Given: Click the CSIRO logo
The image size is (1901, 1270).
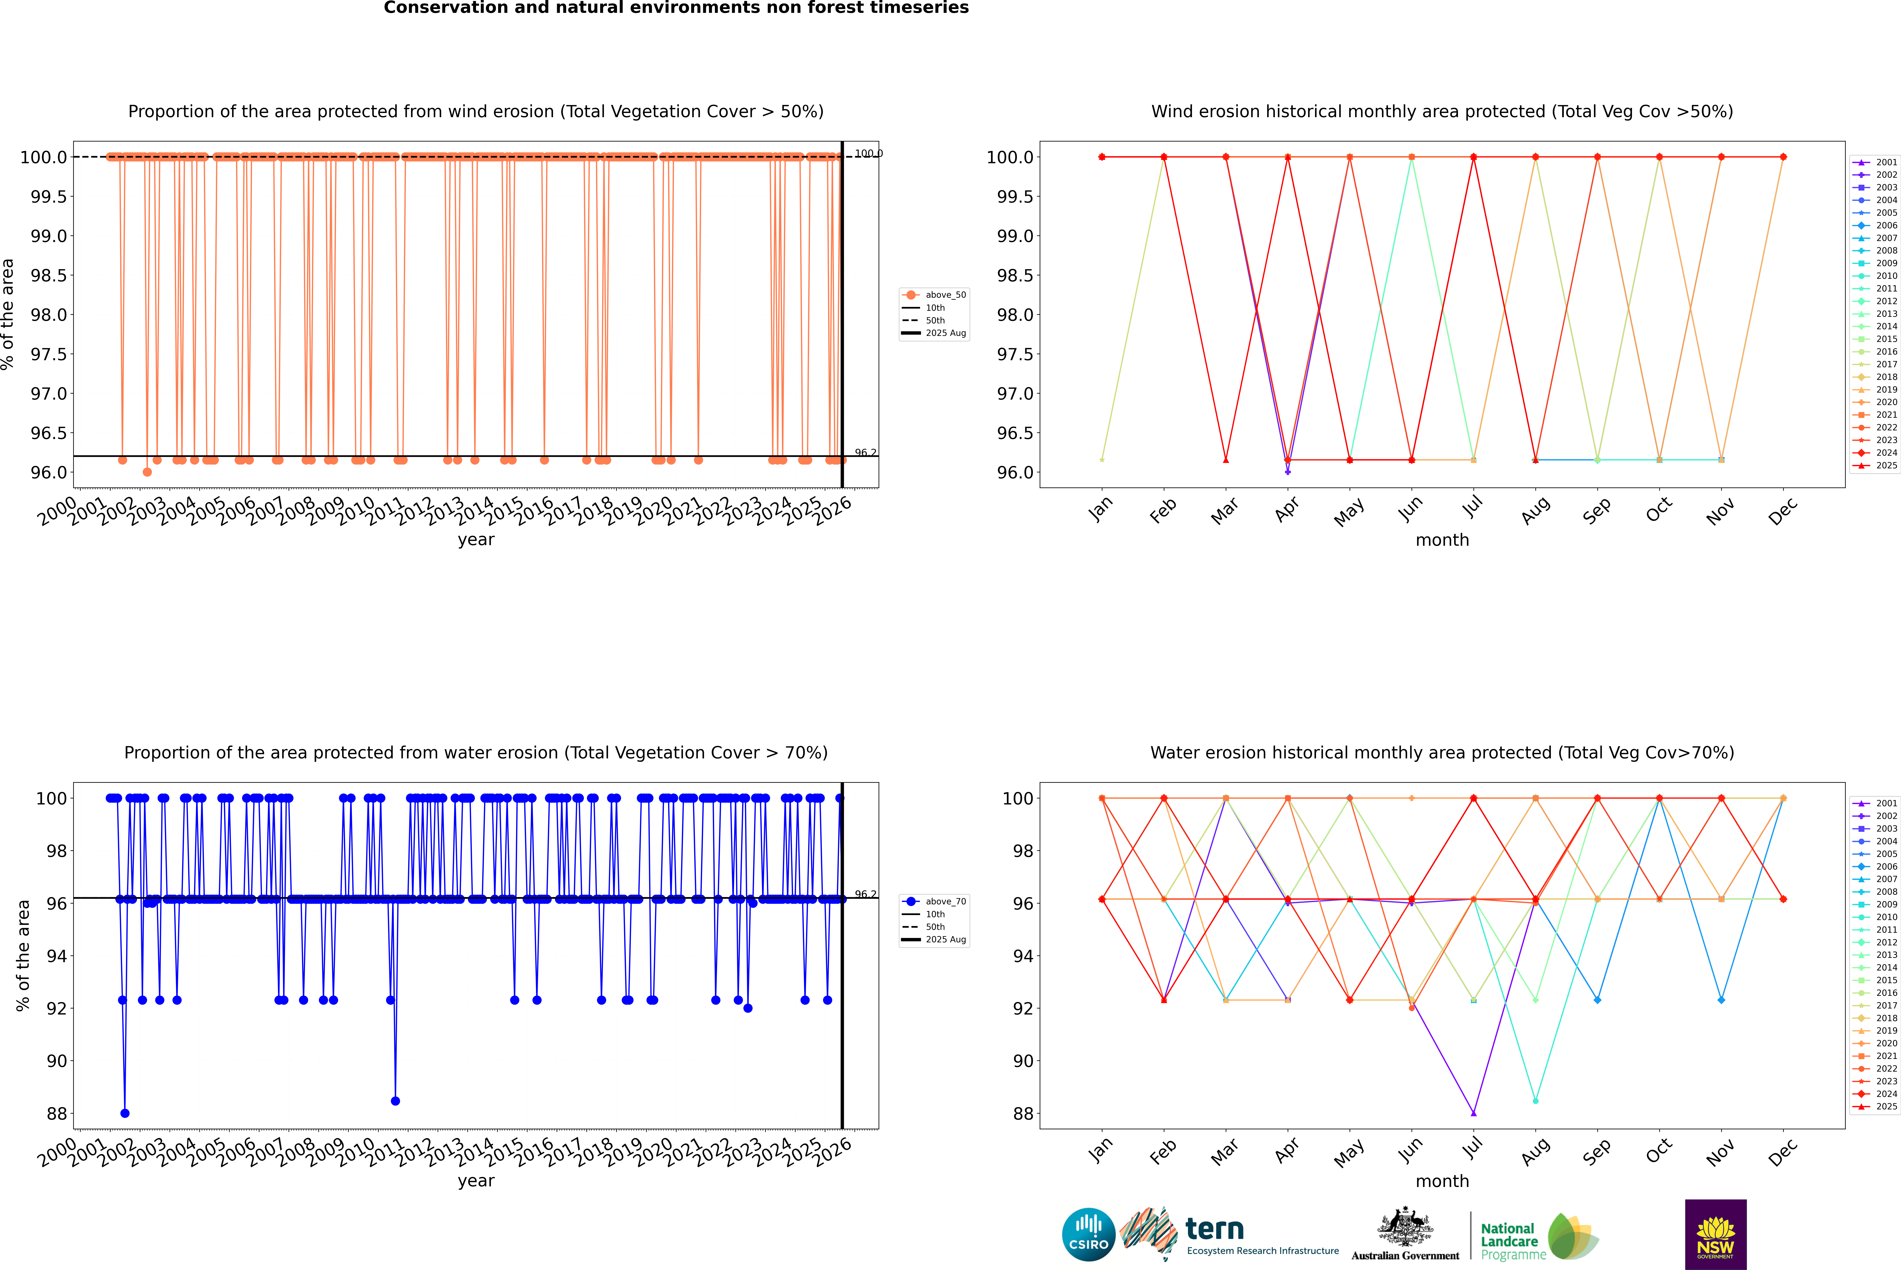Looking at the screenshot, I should click(x=1088, y=1234).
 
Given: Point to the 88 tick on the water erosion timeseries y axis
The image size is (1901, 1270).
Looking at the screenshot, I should click(x=57, y=1114).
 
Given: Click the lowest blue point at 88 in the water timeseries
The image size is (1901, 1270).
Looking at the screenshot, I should click(x=125, y=1113).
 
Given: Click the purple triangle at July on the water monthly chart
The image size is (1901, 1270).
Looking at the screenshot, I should click(x=1473, y=1113).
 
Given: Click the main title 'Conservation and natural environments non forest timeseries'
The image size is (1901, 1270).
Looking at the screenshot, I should click(x=676, y=8).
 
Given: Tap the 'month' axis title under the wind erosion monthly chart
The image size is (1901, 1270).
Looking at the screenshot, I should click(x=1441, y=540).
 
